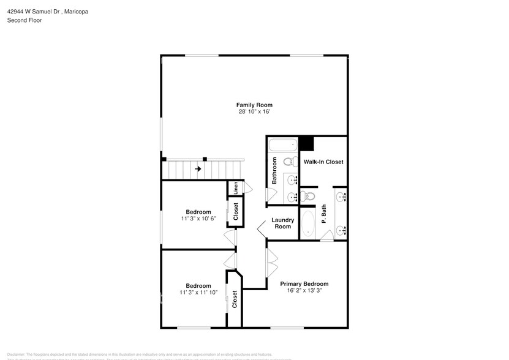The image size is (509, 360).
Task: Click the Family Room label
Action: [254, 105]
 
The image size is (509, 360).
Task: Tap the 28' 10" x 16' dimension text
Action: [254, 112]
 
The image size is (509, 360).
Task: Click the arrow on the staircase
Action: [198, 168]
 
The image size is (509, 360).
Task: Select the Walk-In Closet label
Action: [323, 162]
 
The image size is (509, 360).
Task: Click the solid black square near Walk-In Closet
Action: [306, 144]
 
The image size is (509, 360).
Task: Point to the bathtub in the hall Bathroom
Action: [282, 146]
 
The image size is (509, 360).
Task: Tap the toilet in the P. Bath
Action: [308, 196]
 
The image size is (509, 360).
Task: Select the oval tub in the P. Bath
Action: [308, 224]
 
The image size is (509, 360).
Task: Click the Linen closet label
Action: [236, 188]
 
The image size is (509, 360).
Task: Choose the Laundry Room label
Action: [282, 223]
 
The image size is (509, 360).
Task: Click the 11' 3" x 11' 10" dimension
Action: [198, 293]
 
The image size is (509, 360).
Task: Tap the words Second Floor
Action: [25, 20]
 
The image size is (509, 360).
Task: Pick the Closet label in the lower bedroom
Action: [235, 299]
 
